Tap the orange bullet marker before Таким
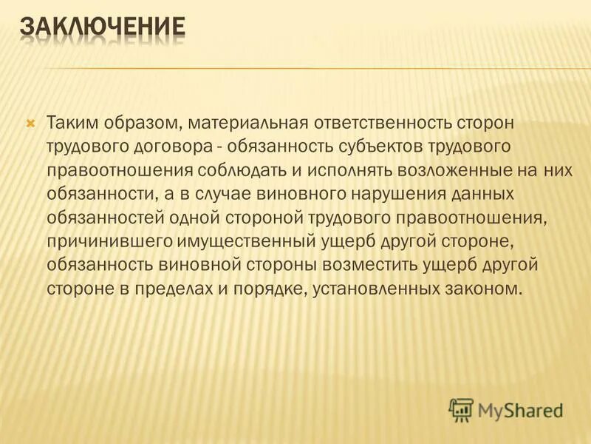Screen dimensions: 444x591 click(30, 121)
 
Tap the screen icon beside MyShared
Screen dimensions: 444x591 click(461, 408)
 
